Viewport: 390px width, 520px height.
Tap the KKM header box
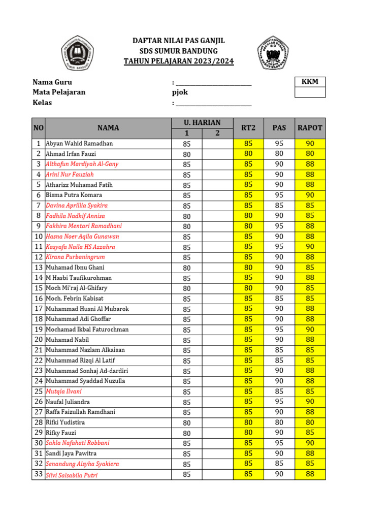(310, 81)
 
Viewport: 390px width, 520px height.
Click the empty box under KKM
(310, 92)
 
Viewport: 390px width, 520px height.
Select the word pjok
(180, 92)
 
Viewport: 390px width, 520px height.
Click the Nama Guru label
(52, 82)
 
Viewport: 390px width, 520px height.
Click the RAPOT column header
(310, 128)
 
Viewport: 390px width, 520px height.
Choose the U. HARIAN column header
(202, 122)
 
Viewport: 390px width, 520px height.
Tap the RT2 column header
(248, 128)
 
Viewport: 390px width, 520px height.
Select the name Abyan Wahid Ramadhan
(79, 144)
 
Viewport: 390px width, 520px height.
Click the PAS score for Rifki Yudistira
(279, 422)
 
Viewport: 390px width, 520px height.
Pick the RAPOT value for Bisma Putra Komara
(310, 195)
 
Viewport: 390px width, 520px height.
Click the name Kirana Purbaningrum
(75, 257)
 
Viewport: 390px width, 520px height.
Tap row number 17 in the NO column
(39, 309)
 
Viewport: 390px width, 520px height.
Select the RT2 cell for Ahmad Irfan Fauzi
(248, 154)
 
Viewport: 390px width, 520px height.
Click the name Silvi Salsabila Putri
(72, 475)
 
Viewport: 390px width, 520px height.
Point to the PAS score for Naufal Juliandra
(279, 402)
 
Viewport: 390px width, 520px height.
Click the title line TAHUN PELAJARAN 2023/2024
(179, 61)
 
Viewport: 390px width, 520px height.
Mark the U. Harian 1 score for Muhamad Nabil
(187, 340)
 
